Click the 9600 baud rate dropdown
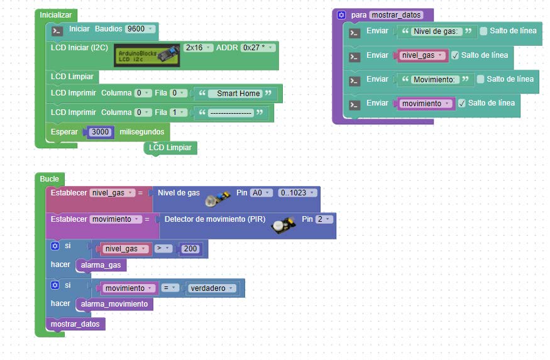coord(140,29)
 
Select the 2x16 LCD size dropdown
coord(198,48)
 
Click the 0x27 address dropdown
coord(258,48)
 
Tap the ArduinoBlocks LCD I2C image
coord(147,55)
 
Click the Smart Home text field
coord(238,94)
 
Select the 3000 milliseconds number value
coord(101,132)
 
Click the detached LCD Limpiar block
coord(170,148)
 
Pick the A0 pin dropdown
coord(261,193)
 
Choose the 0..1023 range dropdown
coord(297,193)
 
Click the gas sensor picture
coord(218,199)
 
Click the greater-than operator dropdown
coord(163,249)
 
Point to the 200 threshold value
coord(190,249)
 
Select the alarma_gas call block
coord(101,265)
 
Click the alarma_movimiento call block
coord(114,304)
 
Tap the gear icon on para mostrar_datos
coord(341,15)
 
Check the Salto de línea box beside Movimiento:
coord(481,79)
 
